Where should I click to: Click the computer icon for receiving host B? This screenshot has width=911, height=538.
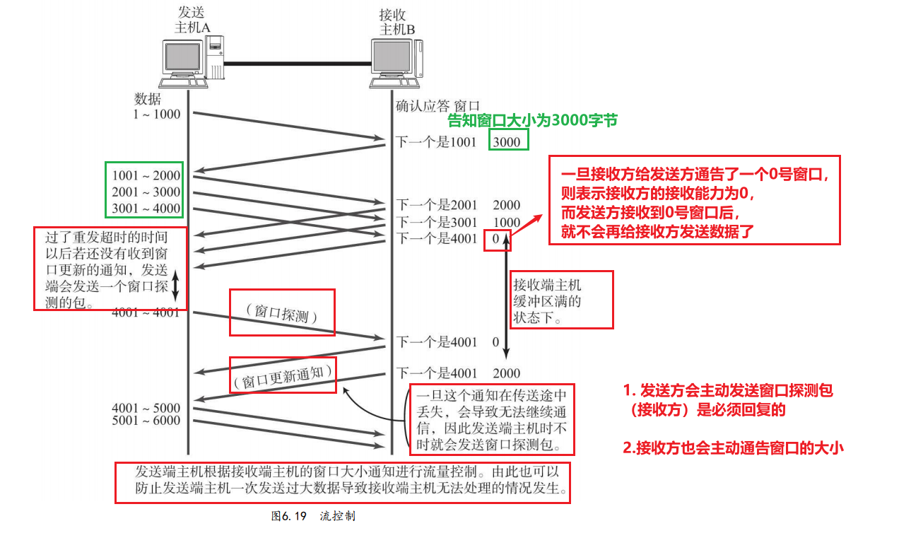[x=397, y=62]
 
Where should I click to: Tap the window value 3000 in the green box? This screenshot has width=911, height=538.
[x=506, y=142]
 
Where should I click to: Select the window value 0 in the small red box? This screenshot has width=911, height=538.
[x=497, y=239]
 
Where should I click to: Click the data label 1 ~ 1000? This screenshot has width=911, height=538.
[x=157, y=114]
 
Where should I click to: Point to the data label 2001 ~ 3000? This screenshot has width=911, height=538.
[x=146, y=192]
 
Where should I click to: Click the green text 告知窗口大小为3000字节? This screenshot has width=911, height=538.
[x=533, y=121]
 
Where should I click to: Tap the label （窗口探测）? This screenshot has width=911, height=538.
[x=282, y=312]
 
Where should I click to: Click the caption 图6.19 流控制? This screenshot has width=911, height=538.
[x=313, y=516]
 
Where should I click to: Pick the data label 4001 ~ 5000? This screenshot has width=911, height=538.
[x=146, y=408]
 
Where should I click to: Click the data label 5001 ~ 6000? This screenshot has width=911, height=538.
[x=146, y=421]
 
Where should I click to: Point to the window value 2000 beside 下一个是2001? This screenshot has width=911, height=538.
[x=506, y=205]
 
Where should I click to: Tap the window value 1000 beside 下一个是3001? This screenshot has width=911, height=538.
[x=506, y=222]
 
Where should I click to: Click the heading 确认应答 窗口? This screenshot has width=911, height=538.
[x=437, y=106]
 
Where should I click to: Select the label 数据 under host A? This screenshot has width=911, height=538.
[x=148, y=99]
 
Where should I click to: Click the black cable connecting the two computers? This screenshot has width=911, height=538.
[x=297, y=64]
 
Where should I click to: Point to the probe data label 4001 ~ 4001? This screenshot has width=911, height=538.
[x=146, y=312]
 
